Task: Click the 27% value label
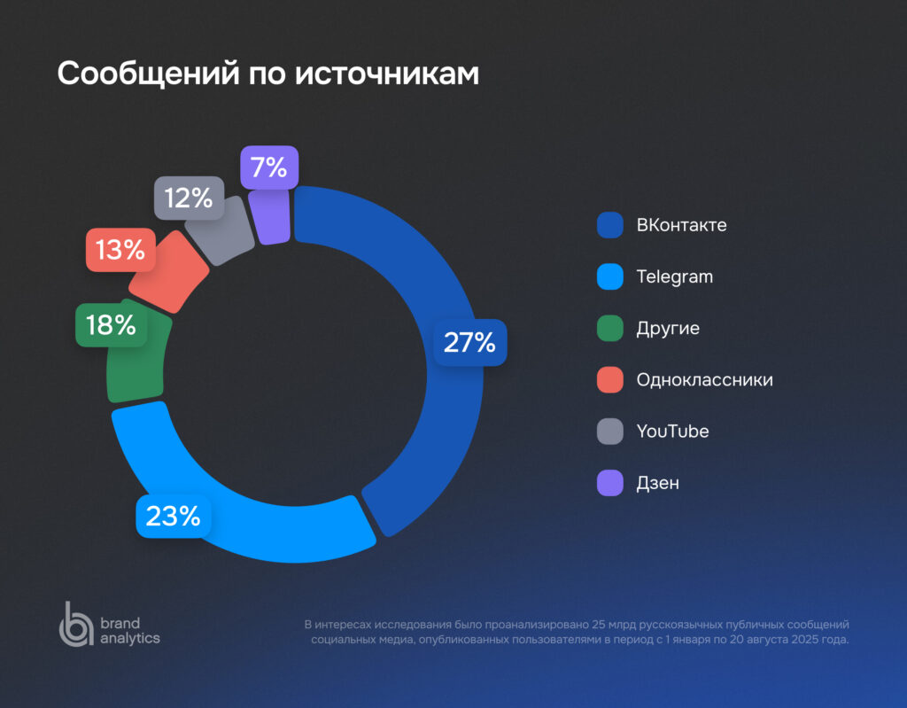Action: [x=469, y=343]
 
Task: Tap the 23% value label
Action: [x=174, y=516]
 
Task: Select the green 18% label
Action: [x=112, y=325]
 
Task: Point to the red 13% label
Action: [x=120, y=250]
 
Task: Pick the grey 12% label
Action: [x=189, y=198]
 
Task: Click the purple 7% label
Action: [x=269, y=167]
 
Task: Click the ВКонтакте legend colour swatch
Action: [x=611, y=225]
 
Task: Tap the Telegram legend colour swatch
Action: [x=611, y=276]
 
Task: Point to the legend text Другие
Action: [x=668, y=329]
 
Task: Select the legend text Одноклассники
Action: [x=704, y=380]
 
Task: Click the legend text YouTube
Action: [x=672, y=432]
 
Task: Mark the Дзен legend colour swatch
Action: [x=611, y=483]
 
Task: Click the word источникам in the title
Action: [x=387, y=74]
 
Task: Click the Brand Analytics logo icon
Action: [x=75, y=624]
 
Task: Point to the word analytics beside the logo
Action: [x=130, y=638]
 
